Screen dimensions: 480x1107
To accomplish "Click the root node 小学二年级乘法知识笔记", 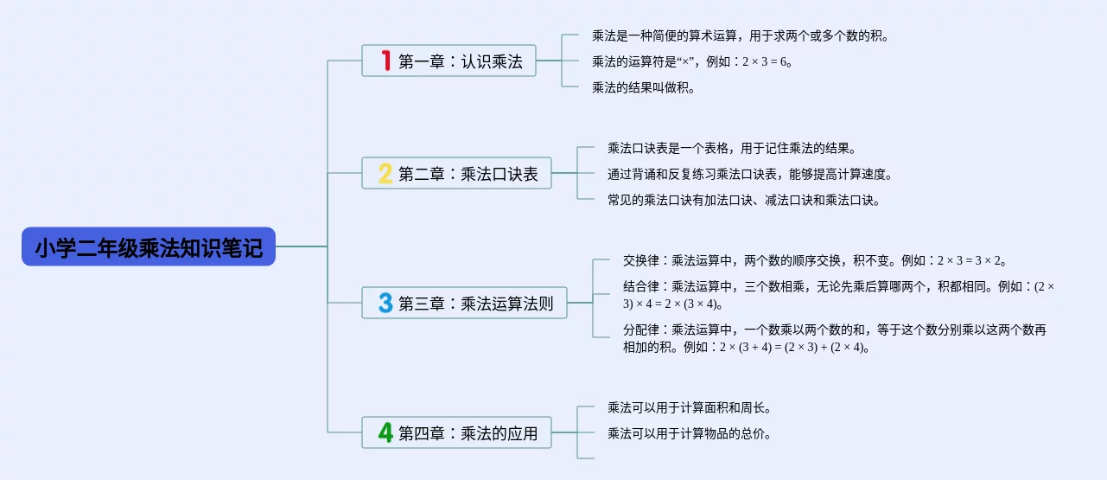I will (x=149, y=247).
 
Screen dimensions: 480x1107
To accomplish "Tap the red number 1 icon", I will (x=385, y=61).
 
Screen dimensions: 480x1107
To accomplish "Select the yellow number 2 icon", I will (x=385, y=173).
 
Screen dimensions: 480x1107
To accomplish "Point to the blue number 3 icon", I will (x=385, y=303).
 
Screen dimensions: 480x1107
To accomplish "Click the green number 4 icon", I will (x=385, y=432).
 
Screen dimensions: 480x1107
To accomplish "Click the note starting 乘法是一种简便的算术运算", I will (x=740, y=36).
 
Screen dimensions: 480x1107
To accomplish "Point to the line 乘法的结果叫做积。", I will (x=643, y=87).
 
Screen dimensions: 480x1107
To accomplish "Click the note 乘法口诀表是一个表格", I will (x=731, y=148).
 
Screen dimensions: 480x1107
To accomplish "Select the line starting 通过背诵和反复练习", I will (x=749, y=174).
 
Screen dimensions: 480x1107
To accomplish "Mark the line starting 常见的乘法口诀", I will (x=743, y=200).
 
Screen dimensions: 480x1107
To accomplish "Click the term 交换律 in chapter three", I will (x=640, y=260).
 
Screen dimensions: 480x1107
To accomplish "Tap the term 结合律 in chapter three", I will (x=640, y=286).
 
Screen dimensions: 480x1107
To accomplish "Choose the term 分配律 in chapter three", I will (x=640, y=330).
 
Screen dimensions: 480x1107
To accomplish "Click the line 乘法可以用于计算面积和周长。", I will (x=689, y=407).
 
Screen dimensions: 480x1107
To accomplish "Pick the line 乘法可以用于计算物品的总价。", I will (x=689, y=433).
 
